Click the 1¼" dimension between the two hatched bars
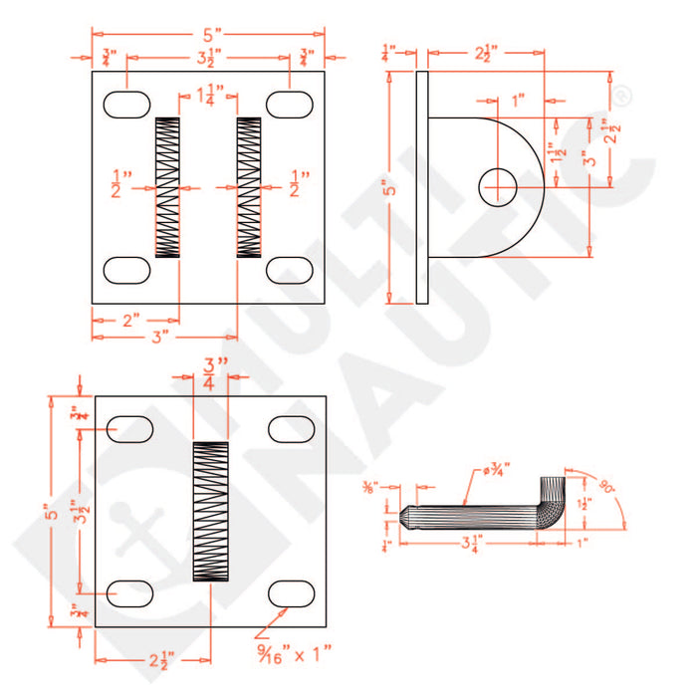(x=210, y=96)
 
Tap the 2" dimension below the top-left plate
(x=130, y=320)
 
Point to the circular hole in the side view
(x=498, y=186)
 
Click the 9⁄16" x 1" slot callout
(x=295, y=653)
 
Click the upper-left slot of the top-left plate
(x=126, y=103)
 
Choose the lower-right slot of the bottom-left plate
(x=293, y=591)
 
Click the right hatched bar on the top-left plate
(x=249, y=188)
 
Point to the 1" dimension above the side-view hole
(x=518, y=101)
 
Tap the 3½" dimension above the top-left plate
(x=210, y=57)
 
